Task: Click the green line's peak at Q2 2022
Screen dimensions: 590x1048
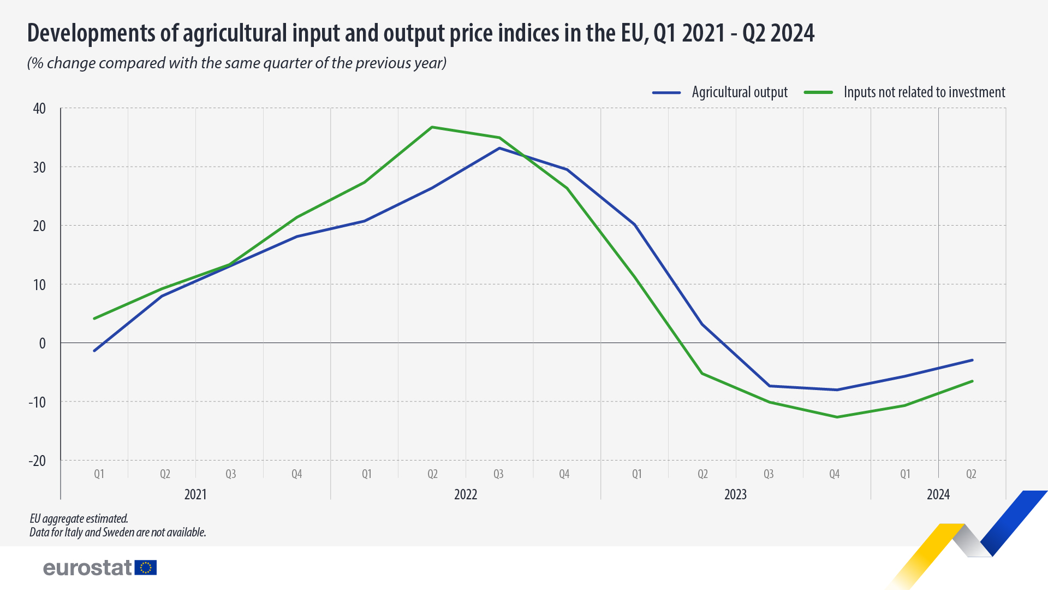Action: point(432,127)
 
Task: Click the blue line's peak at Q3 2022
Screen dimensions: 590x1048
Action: point(499,148)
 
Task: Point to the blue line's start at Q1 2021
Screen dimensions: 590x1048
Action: point(94,351)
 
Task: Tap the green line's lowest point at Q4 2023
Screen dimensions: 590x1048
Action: point(837,417)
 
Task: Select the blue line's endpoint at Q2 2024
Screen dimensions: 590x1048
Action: point(972,360)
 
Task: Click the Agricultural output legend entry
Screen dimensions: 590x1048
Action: point(739,92)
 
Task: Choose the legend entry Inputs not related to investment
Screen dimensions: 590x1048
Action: point(924,92)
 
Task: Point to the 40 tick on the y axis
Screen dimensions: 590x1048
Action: point(39,108)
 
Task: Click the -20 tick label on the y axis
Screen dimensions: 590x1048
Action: point(37,461)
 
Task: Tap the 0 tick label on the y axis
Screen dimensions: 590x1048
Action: point(42,343)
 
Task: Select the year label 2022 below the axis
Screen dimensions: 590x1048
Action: point(466,494)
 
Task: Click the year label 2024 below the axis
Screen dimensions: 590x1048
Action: point(938,494)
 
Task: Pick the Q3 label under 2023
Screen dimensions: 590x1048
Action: point(768,474)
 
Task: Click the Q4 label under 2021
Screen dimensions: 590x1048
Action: point(296,474)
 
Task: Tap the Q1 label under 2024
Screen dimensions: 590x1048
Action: point(904,474)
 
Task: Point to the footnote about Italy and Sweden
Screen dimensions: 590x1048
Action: point(118,532)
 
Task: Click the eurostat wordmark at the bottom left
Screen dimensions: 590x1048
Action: point(87,568)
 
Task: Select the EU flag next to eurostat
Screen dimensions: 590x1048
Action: point(146,568)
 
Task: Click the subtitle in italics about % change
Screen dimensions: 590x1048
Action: point(237,63)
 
